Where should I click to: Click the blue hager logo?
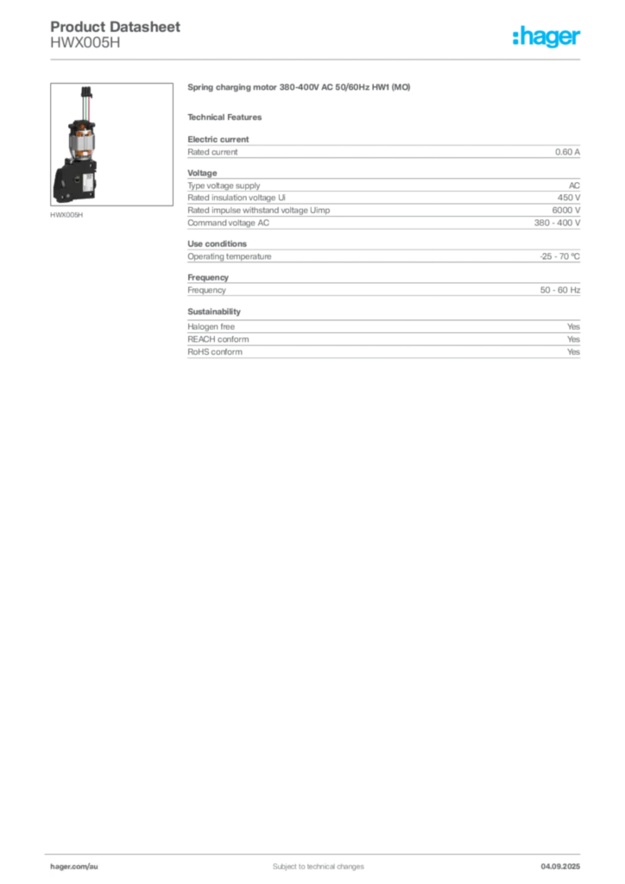tap(547, 39)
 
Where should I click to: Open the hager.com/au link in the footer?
tap(73, 863)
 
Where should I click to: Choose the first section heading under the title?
tap(228, 117)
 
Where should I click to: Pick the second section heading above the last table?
tap(213, 309)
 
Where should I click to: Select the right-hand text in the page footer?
tap(565, 861)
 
